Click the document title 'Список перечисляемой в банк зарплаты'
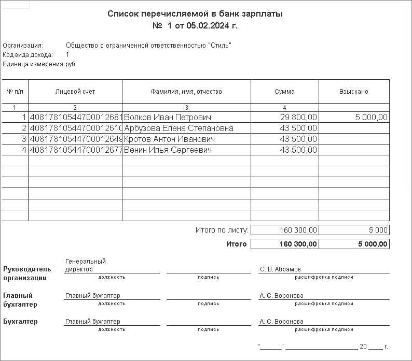(x=195, y=14)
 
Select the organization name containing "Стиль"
(x=148, y=46)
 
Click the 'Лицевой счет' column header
(x=75, y=92)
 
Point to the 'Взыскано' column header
(x=353, y=92)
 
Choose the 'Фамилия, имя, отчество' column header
(x=186, y=92)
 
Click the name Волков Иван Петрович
(x=168, y=118)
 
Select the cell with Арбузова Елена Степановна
(x=179, y=128)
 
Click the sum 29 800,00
(x=298, y=118)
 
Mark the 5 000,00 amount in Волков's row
(x=372, y=118)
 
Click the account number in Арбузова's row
(x=76, y=128)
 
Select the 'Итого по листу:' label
(x=222, y=230)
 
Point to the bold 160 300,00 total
(x=298, y=244)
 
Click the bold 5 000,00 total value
(x=373, y=244)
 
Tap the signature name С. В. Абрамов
(x=280, y=269)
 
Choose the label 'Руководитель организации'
(x=27, y=273)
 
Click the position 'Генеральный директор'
(x=85, y=265)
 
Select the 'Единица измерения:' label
(x=33, y=64)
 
